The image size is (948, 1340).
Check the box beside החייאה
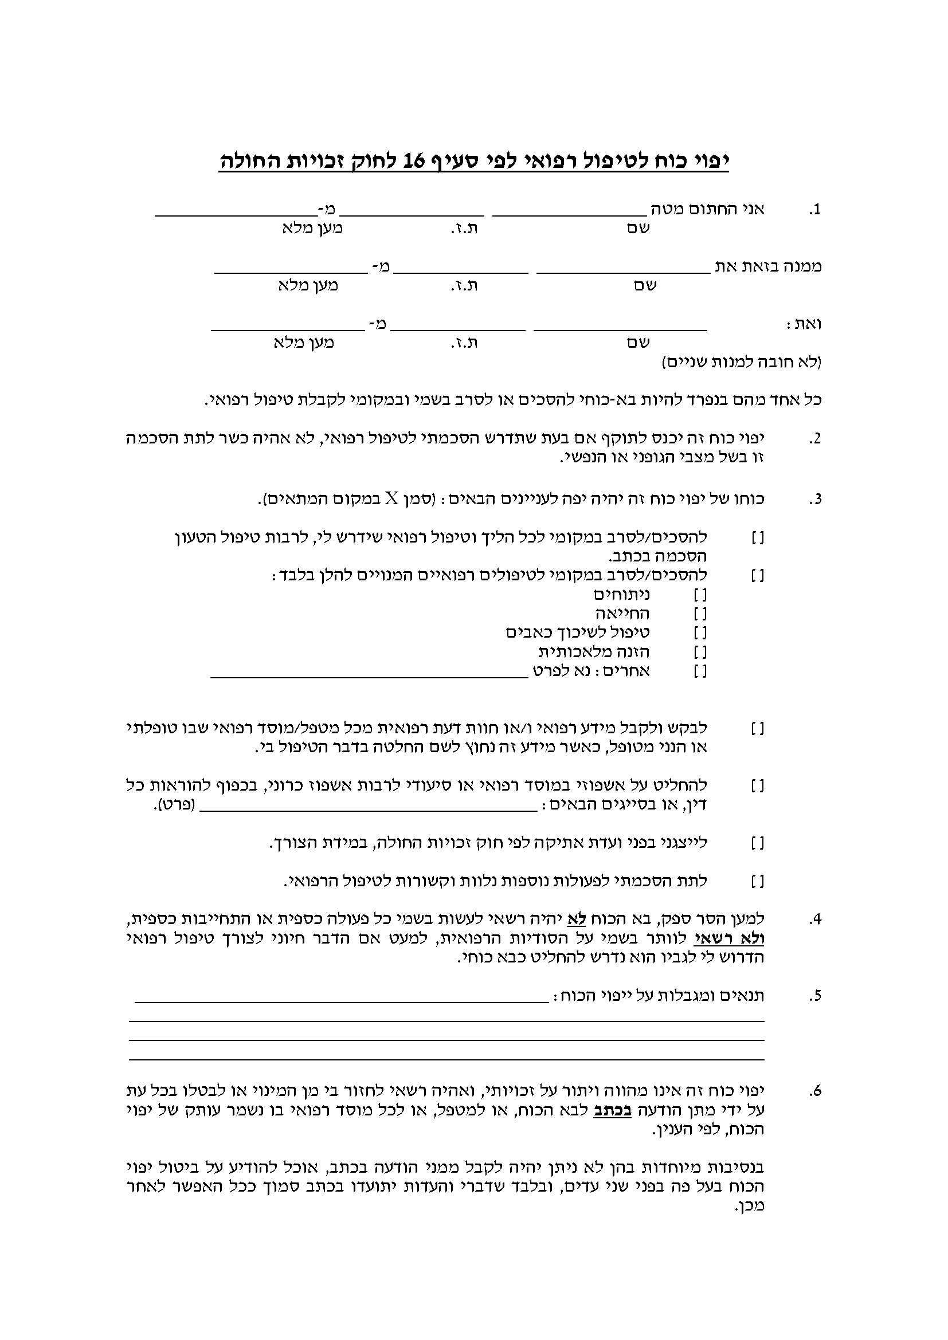700,614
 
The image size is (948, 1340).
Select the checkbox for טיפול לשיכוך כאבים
700,633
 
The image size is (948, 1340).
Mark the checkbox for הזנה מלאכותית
700,652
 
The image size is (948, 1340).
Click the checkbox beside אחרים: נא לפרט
700,671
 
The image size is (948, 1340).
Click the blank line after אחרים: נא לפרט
369,676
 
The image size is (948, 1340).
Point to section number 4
815,921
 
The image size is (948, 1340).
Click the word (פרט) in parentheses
175,806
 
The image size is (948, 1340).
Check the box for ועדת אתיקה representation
758,843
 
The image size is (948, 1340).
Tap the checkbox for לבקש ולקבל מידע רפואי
758,729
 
